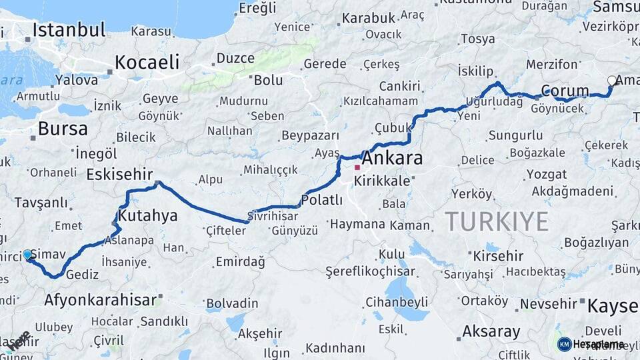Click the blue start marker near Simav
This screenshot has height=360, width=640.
[27, 255]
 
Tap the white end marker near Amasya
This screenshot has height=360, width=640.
[612, 81]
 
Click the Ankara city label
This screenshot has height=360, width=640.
[392, 159]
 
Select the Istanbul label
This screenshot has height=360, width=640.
[69, 30]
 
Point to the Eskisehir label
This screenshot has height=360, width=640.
[120, 175]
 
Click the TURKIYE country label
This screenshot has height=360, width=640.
[497, 221]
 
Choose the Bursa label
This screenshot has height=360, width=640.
[63, 128]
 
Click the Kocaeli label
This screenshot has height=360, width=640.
[147, 63]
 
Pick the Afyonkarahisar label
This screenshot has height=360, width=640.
[102, 299]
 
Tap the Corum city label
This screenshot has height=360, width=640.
[565, 91]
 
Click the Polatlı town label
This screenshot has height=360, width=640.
[321, 200]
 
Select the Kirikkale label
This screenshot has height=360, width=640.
[383, 181]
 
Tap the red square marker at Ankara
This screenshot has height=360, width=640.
[357, 167]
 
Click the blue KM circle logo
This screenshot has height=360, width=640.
[564, 344]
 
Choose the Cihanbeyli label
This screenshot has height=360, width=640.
[396, 301]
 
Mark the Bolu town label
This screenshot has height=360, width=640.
[268, 81]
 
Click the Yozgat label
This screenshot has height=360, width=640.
[546, 175]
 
